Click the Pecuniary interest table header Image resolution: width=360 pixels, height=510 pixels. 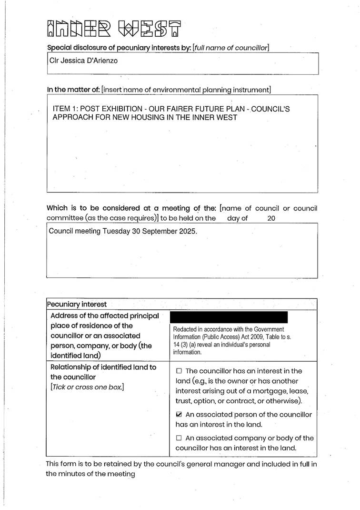(x=77, y=304)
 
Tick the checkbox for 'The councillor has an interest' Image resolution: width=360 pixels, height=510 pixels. (x=179, y=371)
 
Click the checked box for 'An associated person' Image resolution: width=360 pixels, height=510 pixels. (x=179, y=415)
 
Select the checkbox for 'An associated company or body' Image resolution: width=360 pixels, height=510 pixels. (x=179, y=438)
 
